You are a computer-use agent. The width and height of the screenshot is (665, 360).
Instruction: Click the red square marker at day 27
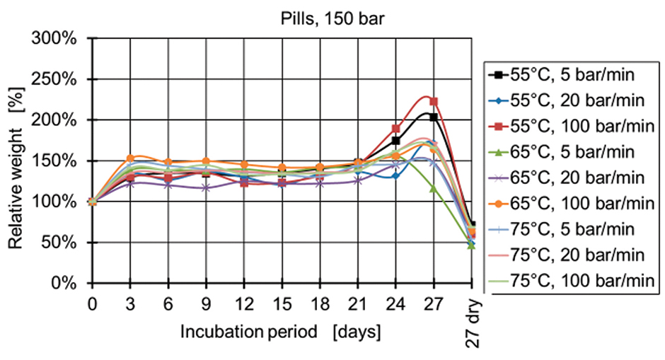(434, 101)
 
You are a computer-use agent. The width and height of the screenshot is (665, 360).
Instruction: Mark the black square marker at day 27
(434, 117)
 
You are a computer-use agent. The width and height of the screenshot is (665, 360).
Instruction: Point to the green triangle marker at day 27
(434, 188)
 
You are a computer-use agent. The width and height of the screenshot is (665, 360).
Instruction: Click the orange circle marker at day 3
(129, 158)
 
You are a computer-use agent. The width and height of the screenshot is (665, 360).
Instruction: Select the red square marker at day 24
(395, 129)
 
